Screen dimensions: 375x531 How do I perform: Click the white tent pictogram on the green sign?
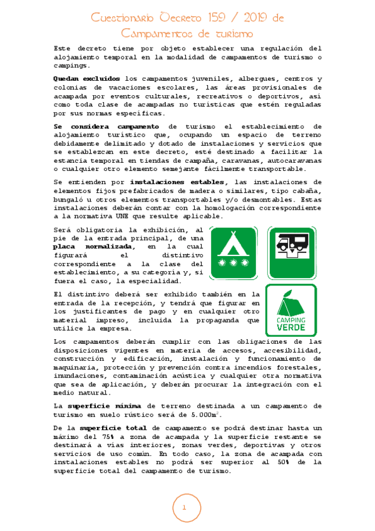(x=232, y=244)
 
